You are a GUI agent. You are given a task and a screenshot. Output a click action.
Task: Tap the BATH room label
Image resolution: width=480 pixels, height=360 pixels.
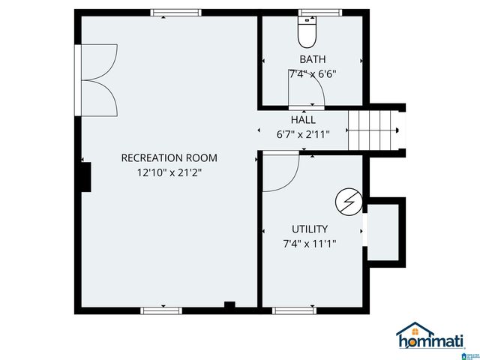312,59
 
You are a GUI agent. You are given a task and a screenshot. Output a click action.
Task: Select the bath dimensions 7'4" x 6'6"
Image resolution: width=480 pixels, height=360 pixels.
312,74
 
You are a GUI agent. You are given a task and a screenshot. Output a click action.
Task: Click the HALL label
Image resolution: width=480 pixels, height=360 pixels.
303,120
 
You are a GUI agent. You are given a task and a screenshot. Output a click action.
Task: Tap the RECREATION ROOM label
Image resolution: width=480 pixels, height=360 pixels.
169,157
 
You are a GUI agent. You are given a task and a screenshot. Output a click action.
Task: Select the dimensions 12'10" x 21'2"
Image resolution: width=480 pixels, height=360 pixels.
169,172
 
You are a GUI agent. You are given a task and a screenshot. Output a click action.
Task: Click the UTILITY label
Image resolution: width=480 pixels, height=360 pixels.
310,229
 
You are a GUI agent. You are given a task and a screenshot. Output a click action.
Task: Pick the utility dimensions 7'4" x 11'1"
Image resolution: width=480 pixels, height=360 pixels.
310,244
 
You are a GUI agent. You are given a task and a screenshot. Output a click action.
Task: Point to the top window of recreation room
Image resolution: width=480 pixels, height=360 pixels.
175,13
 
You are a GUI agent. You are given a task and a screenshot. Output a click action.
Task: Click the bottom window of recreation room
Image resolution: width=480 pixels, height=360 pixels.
161,309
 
